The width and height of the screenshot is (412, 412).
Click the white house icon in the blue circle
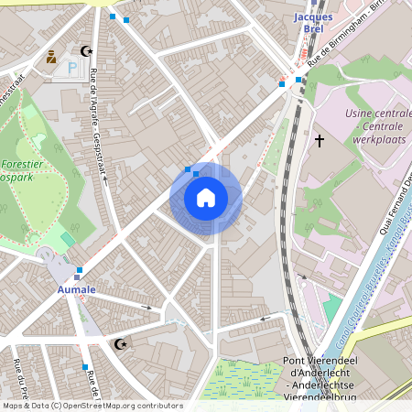coord(206,198)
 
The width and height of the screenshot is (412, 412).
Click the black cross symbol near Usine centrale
coord(320,140)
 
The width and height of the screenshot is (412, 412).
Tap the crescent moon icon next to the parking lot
coord(87,52)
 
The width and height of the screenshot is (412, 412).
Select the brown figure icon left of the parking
coord(51,57)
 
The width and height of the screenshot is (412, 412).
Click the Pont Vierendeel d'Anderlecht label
coord(320,371)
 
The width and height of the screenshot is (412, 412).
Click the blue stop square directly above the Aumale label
coord(80,270)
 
